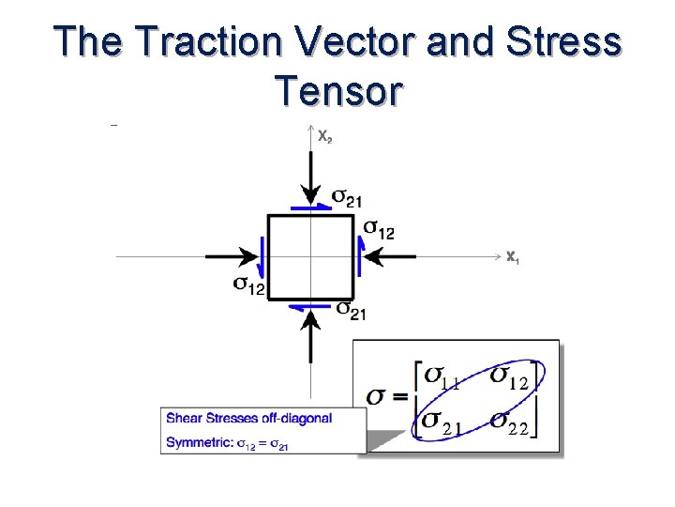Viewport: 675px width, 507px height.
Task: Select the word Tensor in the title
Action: (339, 92)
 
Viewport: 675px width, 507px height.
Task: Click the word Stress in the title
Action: (568, 42)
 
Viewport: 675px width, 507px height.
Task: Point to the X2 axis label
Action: (323, 137)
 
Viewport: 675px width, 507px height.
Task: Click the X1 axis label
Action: (512, 256)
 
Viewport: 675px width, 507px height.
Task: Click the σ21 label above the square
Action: (347, 198)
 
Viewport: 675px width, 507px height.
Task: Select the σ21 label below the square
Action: (351, 310)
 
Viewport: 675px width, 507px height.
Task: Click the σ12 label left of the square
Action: (248, 284)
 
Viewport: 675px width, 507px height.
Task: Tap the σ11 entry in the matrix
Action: (442, 377)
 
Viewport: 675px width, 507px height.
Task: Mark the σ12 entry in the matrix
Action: (511, 377)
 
